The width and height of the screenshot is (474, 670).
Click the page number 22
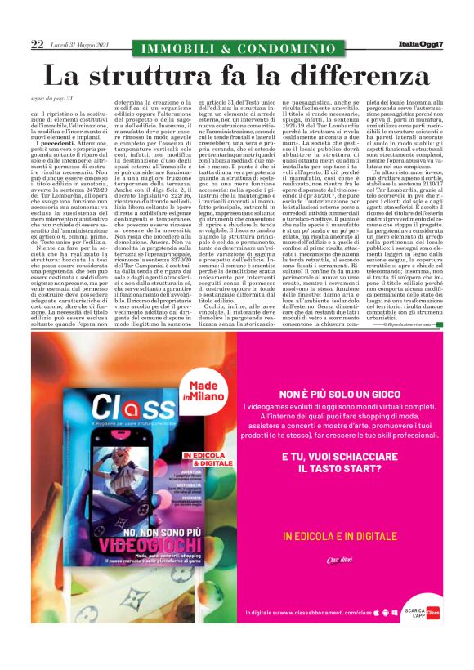37,45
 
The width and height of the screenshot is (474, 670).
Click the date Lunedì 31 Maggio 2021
78,45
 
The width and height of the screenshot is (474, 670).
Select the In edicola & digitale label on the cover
202,459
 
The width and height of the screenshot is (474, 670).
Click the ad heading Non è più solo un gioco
339,393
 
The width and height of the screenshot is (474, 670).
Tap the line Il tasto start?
339,470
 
